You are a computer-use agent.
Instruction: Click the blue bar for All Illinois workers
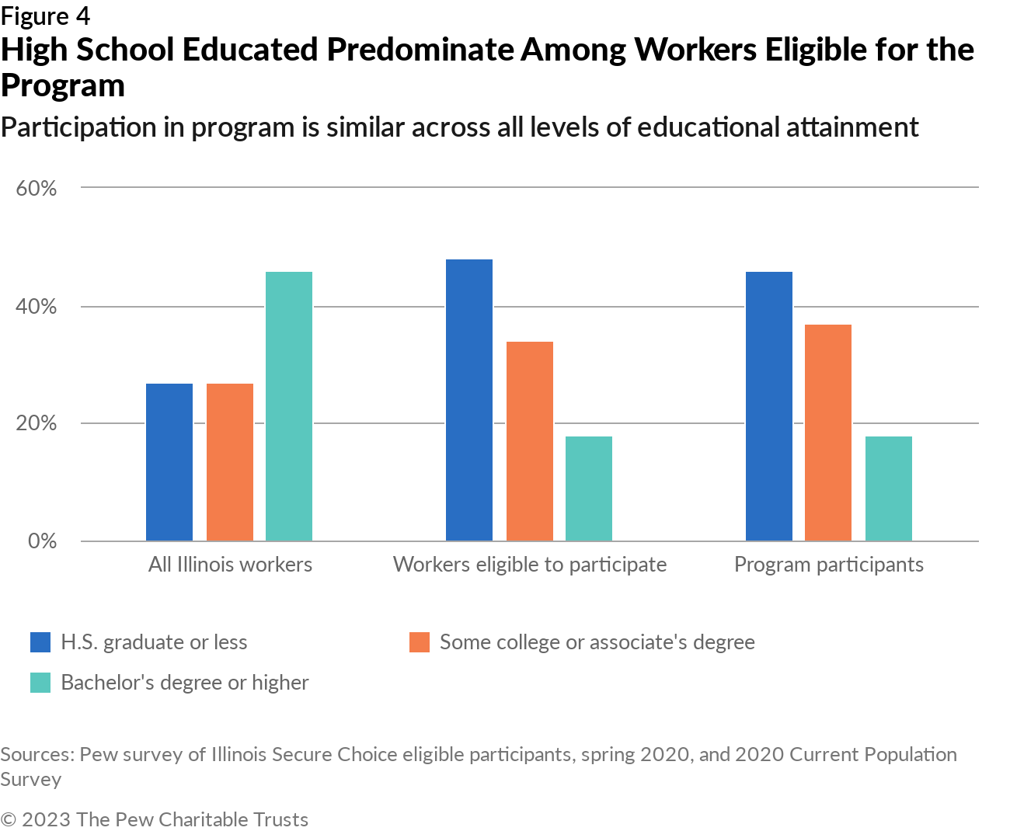pos(169,462)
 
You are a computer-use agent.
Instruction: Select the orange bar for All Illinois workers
pos(230,462)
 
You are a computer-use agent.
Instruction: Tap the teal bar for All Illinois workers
pos(289,406)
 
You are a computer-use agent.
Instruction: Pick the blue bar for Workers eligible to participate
pos(469,400)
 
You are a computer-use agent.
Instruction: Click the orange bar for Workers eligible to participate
pos(530,441)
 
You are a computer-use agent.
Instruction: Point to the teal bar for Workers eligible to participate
pos(589,489)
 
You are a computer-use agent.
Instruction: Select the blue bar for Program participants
pos(769,406)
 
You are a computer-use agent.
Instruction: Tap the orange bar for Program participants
pos(828,433)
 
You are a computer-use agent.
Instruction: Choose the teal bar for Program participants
pos(889,489)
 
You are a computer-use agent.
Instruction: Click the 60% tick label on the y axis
pos(37,189)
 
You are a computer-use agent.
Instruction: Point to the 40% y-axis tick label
pos(37,307)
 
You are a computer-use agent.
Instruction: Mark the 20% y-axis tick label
pos(37,424)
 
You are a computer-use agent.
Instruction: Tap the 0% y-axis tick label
pos(42,541)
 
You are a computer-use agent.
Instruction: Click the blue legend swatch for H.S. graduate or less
pos(40,642)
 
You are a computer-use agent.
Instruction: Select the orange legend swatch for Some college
pos(420,642)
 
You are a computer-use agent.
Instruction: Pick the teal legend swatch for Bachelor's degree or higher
pos(40,683)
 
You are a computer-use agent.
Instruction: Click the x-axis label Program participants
pos(829,565)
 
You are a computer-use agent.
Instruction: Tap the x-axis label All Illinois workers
pos(230,565)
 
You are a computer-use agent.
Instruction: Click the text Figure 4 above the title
pos(45,16)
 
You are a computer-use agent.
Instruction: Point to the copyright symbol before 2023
pos(9,819)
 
